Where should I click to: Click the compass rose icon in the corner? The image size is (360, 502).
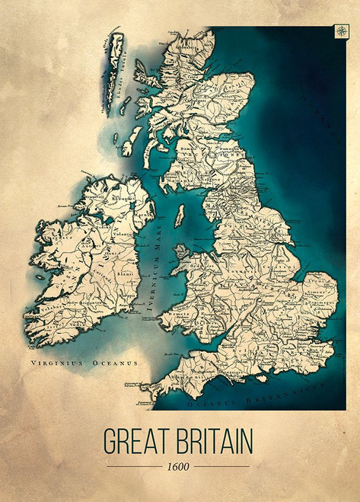[339, 32]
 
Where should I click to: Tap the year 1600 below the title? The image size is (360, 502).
[180, 465]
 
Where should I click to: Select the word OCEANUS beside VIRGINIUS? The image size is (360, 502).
[113, 363]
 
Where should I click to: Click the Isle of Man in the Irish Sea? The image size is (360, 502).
[179, 216]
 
